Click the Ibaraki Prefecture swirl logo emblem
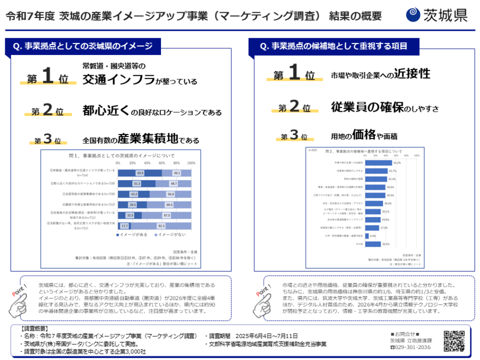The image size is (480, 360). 413,14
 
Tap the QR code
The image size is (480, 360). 454,341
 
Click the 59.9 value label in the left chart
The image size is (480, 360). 140,173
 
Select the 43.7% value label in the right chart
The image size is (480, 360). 393,171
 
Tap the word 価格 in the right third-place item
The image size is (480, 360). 365,134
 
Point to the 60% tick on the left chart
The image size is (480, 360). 161,164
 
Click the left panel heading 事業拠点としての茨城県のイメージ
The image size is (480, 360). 82,47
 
